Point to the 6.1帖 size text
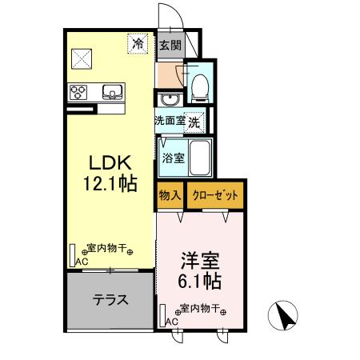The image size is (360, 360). coord(199,282)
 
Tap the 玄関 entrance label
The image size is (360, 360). coord(169,46)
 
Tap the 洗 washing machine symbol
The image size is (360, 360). coord(195,122)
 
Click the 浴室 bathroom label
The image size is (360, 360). coord(170,156)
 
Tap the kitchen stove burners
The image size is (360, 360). coord(80,91)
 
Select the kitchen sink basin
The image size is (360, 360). coord(111,91)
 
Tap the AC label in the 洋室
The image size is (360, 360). coord(170,320)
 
